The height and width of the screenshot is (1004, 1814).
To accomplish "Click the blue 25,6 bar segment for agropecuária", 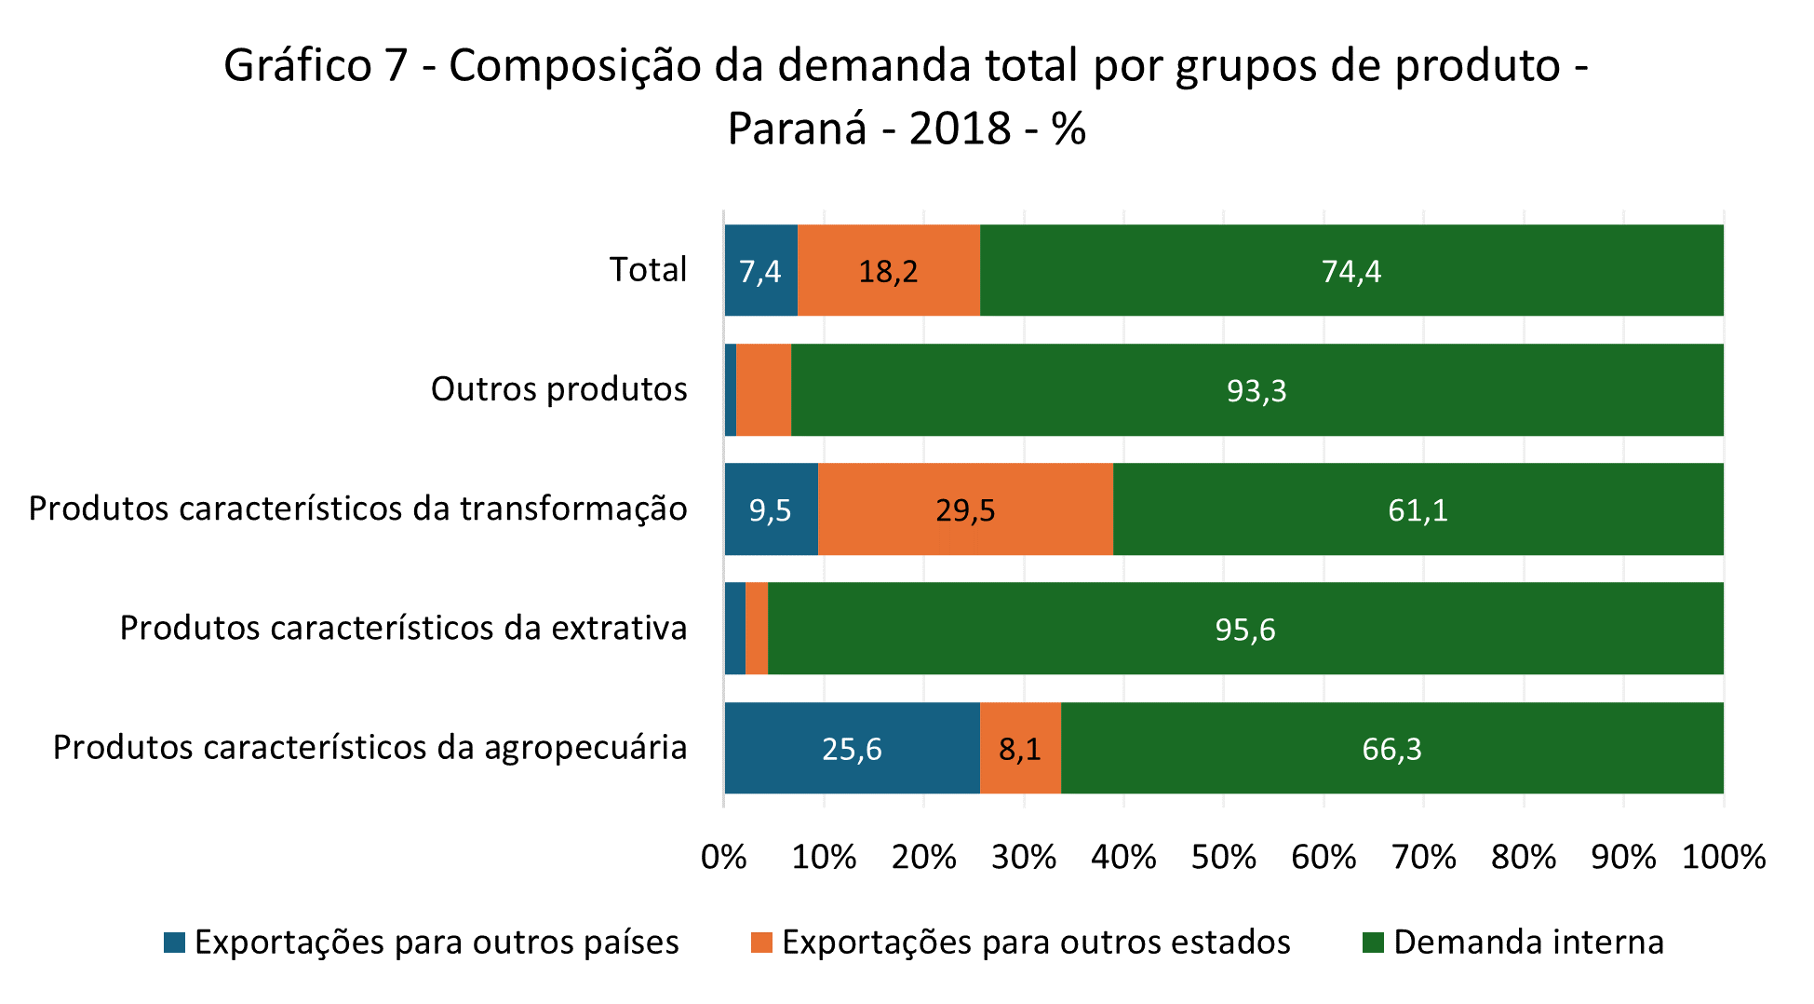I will (x=852, y=748).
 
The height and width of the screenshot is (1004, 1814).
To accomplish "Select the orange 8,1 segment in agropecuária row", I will (x=1020, y=748).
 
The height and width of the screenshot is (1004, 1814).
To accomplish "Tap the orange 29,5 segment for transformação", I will (x=965, y=509).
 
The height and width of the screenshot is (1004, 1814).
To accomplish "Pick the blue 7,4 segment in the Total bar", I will (x=760, y=270).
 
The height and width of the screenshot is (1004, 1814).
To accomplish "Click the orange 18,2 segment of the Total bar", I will (x=889, y=270).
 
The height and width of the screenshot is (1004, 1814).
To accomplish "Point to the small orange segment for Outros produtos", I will (x=763, y=389).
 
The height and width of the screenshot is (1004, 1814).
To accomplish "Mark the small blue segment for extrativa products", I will (x=735, y=629).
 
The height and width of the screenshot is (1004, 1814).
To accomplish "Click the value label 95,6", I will (x=1244, y=631).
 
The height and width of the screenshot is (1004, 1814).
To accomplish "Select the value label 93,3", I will (x=1256, y=391).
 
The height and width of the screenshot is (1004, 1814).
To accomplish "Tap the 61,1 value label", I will (x=1418, y=510).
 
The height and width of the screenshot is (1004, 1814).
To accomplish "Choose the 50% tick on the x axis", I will (x=1223, y=857).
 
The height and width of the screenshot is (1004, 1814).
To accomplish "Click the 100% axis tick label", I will (x=1723, y=857).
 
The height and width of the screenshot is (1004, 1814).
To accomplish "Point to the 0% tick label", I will (x=724, y=857).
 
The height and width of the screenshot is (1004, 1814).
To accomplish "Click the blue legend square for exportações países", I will (x=174, y=943).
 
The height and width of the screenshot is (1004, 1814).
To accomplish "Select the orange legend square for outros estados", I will (x=761, y=943).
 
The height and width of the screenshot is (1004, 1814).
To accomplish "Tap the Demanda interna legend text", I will (x=1528, y=943).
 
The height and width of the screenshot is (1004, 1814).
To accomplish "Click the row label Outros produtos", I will (x=558, y=389).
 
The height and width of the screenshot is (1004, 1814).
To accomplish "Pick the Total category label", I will (x=648, y=270).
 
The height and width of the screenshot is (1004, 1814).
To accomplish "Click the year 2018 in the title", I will (x=960, y=129).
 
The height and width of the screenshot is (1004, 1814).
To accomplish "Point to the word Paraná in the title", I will (x=798, y=129).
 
